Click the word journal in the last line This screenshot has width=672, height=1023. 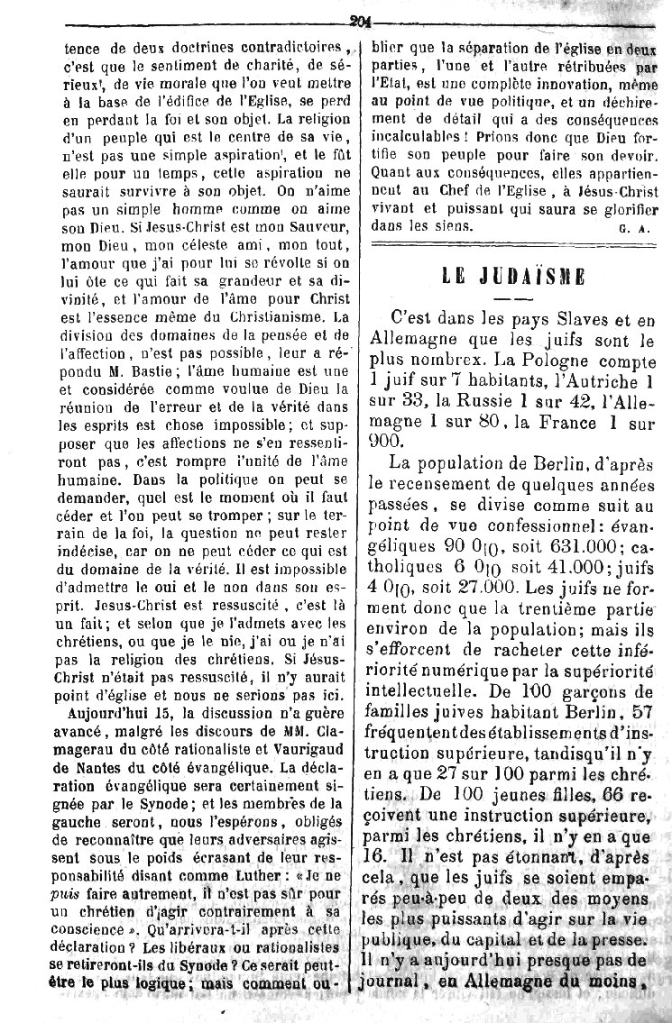tap(398, 1003)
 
